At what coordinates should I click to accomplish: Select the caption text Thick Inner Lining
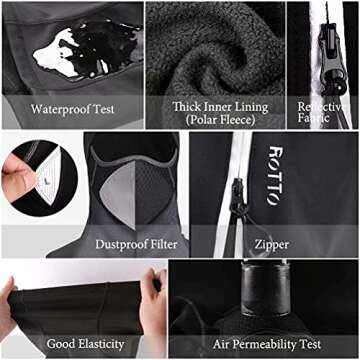pos(220,107)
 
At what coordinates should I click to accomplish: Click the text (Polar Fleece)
pos(220,120)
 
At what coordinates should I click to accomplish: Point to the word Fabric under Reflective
pos(313,118)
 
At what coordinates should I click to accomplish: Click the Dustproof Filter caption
pos(136,244)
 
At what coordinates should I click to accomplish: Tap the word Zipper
pos(272,245)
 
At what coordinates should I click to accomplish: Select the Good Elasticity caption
pos(86,344)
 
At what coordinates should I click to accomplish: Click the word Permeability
pos(264,344)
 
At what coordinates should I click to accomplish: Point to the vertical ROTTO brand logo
pos(275,175)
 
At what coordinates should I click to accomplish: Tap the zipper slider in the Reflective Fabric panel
pos(331,63)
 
